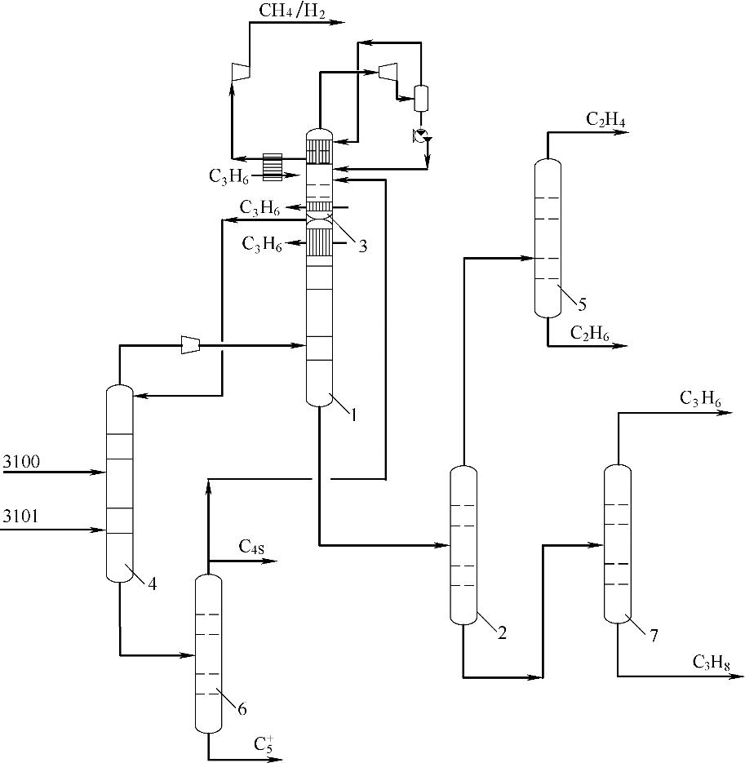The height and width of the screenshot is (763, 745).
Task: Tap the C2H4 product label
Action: [605, 120]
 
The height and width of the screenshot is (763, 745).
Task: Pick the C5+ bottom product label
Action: [264, 743]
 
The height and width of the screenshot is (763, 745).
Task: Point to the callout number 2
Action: [502, 633]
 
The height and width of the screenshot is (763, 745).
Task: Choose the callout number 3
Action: [361, 245]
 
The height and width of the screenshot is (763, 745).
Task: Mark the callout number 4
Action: [153, 583]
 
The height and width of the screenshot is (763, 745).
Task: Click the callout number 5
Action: [582, 305]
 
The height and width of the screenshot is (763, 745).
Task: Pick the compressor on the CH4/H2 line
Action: [240, 73]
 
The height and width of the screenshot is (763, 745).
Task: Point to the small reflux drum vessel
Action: [422, 98]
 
